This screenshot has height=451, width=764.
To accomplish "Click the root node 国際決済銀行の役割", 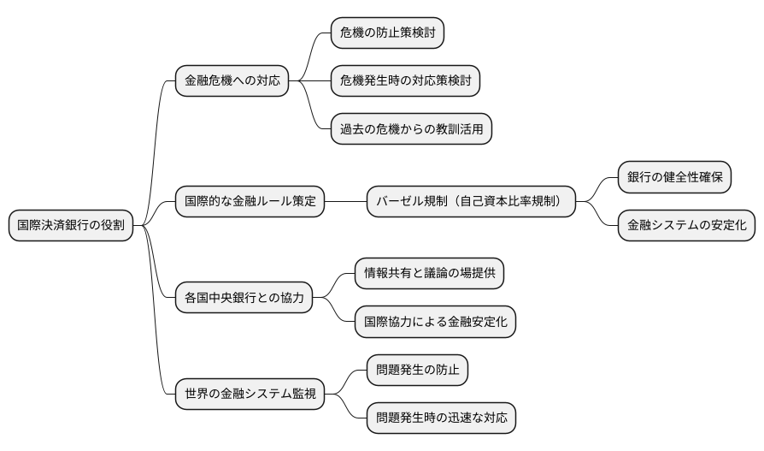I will click(71, 226).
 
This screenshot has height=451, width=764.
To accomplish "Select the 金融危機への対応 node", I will click(232, 81).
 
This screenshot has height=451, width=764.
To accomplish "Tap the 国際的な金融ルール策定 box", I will click(250, 202).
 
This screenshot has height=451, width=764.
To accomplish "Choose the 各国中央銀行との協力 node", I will click(244, 299).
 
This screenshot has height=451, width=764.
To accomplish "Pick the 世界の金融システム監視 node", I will click(250, 395).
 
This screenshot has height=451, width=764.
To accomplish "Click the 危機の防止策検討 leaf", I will click(388, 33).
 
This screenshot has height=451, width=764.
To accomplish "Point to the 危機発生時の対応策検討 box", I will click(405, 81).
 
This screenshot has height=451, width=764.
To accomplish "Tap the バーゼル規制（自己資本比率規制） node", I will click(471, 202).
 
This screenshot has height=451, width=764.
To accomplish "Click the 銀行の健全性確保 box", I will click(674, 178).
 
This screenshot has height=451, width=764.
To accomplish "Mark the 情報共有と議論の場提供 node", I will click(430, 275).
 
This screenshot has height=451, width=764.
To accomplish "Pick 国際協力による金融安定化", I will click(435, 323).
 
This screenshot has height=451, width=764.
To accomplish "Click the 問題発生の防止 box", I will click(417, 371).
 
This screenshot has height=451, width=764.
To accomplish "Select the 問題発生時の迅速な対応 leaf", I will click(441, 418).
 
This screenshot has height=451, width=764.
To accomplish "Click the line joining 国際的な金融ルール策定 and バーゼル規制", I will click(346, 202).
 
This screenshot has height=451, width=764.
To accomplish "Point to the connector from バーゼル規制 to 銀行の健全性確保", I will click(597, 188).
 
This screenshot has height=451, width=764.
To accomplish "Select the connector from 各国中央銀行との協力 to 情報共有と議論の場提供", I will click(335, 286).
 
